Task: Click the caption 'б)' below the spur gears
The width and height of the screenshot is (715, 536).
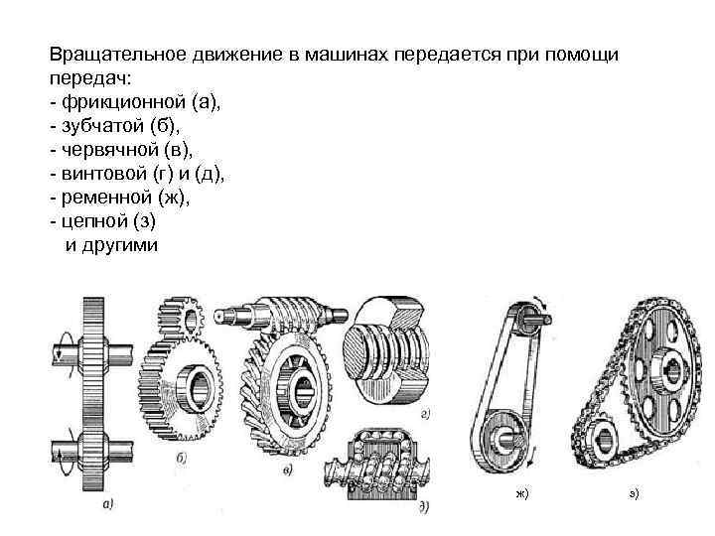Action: [181, 458]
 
